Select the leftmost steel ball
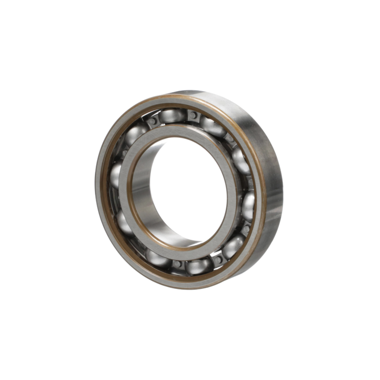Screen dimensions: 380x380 click(x=116, y=175)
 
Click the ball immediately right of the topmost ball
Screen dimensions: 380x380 click(x=212, y=126)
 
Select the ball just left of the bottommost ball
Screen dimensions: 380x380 click(x=157, y=257)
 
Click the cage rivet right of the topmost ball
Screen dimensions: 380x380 click(x=193, y=115)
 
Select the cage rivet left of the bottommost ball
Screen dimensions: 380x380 click(x=177, y=264)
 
